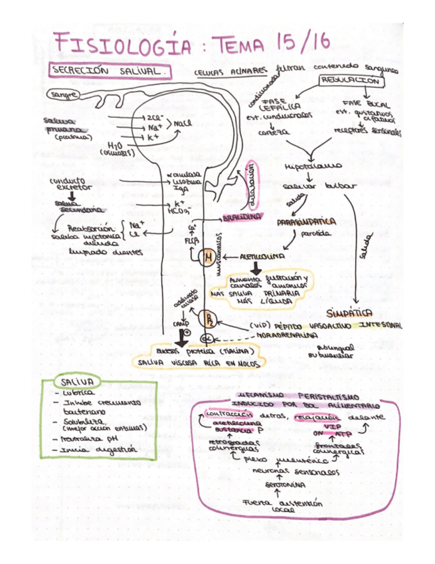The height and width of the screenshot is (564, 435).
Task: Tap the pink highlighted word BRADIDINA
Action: point(241,217)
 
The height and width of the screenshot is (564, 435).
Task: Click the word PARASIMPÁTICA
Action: point(306,221)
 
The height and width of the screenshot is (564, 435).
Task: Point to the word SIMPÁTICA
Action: point(349,312)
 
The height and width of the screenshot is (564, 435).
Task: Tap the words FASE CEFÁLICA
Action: point(284,103)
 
